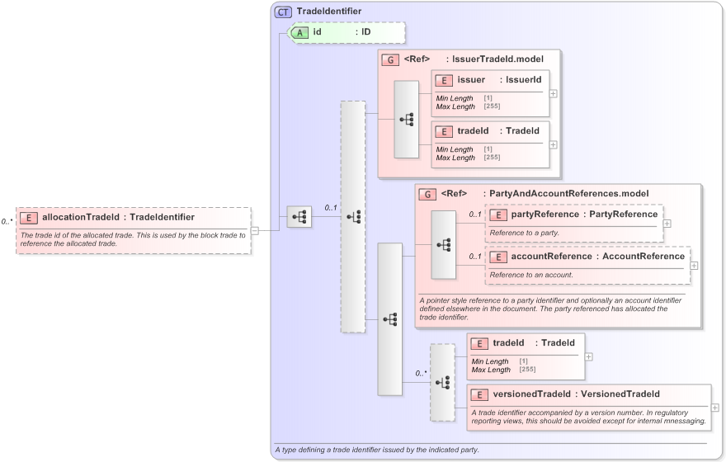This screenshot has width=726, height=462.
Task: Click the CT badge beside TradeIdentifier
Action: pyautogui.click(x=283, y=12)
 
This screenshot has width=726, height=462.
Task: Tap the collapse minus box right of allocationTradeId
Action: pyautogui.click(x=255, y=230)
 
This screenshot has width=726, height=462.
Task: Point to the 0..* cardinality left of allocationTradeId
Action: pyautogui.click(x=7, y=221)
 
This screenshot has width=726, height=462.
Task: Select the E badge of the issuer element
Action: pyautogui.click(x=444, y=80)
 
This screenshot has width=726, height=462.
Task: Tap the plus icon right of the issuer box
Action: pyautogui.click(x=553, y=93)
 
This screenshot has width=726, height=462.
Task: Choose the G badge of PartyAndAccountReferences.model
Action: pyautogui.click(x=427, y=194)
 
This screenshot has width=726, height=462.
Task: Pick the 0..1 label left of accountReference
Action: pyautogui.click(x=475, y=256)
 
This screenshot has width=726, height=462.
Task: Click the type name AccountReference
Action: pyautogui.click(x=643, y=256)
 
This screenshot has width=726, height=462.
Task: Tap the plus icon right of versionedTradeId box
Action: pyautogui.click(x=714, y=407)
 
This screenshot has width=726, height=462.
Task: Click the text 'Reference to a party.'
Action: pyautogui.click(x=524, y=233)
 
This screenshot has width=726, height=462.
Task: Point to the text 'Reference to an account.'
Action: pyautogui.click(x=530, y=274)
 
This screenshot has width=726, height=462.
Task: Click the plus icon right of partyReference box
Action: pyautogui.click(x=667, y=223)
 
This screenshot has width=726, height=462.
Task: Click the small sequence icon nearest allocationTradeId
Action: pyautogui.click(x=299, y=217)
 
